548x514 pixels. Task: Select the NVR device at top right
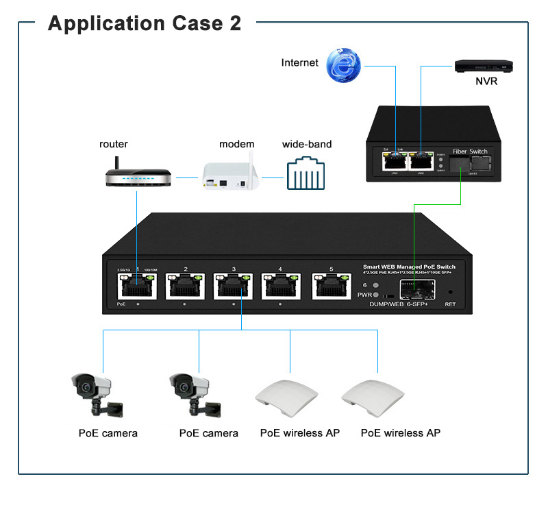point(484,66)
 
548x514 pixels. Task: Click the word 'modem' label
point(237,145)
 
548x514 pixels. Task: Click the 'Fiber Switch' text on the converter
point(470,151)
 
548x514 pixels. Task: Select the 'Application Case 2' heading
point(145,23)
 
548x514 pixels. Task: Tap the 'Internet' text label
point(300,62)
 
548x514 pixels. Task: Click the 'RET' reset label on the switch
point(450,304)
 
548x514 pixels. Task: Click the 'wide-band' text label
point(307,145)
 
